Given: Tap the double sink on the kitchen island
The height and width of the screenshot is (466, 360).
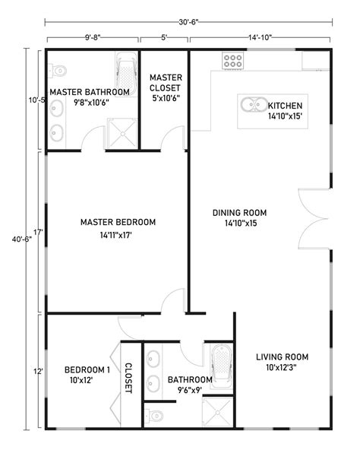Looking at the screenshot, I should pyautogui.click(x=251, y=105).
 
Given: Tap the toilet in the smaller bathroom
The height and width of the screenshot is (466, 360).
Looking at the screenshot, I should pyautogui.click(x=155, y=414).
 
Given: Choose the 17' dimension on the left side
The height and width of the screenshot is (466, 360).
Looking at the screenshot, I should pyautogui.click(x=37, y=232).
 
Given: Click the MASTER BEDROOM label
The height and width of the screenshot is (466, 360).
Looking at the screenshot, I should pyautogui.click(x=118, y=222).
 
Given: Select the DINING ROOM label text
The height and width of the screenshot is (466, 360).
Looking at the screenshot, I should pyautogui.click(x=239, y=212).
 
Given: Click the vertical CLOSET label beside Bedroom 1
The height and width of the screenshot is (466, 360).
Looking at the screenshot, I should pyautogui.click(x=128, y=378).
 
